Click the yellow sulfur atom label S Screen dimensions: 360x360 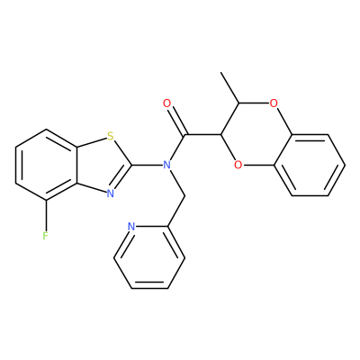click(111, 137)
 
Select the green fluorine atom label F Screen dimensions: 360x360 click(45, 236)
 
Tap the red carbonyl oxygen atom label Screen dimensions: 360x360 click(166, 103)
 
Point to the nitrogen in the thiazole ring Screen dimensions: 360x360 click(111, 193)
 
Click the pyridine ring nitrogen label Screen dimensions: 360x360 click(131, 226)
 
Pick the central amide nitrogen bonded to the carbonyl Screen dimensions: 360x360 click(166, 165)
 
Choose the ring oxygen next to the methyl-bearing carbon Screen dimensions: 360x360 click(273, 103)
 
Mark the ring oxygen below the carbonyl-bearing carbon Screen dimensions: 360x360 click(238, 165)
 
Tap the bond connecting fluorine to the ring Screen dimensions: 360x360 click(46, 215)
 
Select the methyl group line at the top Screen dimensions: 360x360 click(229, 87)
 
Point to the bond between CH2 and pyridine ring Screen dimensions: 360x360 click(175, 211)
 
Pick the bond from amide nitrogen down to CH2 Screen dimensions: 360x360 click(177, 183)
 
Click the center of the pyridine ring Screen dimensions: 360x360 click(149, 257)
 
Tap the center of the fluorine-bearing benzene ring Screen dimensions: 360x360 click(46, 165)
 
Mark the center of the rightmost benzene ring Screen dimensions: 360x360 click(310, 165)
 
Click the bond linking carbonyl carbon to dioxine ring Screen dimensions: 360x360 click(202, 134)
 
